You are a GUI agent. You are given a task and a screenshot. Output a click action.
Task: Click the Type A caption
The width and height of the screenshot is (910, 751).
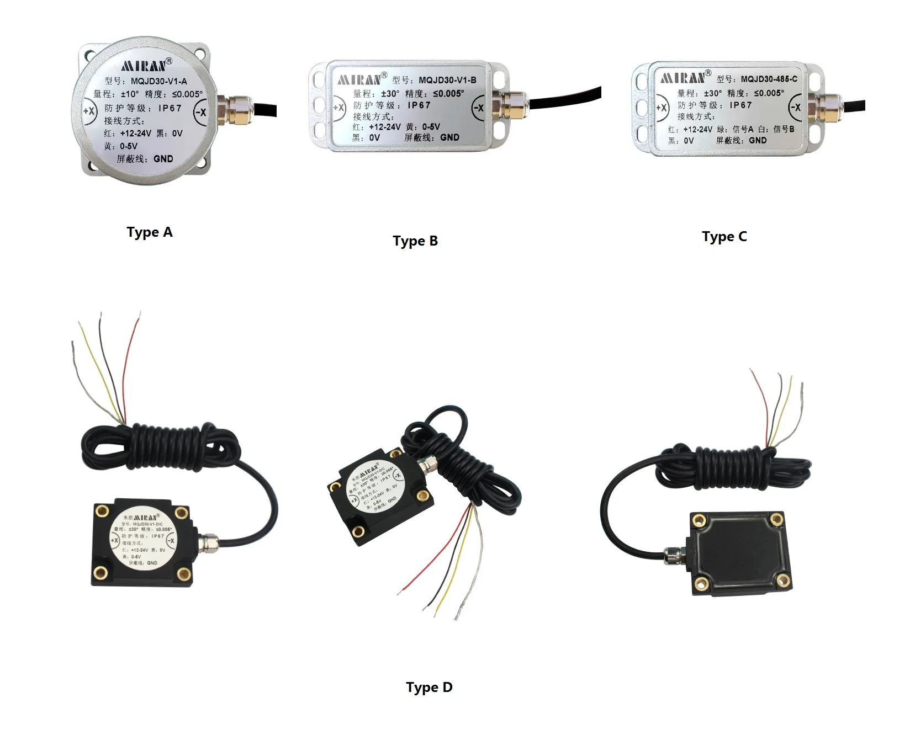click(x=150, y=232)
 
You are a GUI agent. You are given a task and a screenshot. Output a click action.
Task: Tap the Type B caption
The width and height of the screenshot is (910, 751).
click(x=415, y=241)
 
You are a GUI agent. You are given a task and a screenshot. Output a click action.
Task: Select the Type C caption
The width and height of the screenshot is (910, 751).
click(x=724, y=237)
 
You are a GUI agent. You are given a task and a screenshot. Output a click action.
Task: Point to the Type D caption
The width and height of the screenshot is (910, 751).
click(x=429, y=688)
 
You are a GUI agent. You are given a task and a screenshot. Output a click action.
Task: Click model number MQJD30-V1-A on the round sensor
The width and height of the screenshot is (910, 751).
click(x=158, y=81)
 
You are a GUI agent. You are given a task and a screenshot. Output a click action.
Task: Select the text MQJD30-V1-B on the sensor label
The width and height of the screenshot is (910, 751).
click(x=447, y=80)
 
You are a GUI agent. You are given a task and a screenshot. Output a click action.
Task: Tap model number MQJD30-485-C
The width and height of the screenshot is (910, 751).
click(x=769, y=79)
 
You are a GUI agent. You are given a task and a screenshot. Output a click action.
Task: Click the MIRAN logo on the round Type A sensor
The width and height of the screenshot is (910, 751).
click(x=144, y=66)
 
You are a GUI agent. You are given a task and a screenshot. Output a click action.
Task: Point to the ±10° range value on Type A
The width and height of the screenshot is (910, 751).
click(x=129, y=94)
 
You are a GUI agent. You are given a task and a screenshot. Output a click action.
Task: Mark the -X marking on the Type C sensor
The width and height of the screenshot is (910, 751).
click(x=795, y=107)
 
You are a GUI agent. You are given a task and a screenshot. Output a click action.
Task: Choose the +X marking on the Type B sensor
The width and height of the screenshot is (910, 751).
click(x=338, y=108)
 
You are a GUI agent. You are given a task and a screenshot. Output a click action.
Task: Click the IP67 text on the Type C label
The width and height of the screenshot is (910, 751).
click(x=740, y=105)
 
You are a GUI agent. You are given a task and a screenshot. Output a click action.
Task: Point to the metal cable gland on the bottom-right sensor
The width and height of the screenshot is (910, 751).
click(x=673, y=555)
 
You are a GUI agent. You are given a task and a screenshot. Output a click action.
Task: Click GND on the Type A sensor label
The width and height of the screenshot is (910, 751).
click(x=163, y=159)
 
